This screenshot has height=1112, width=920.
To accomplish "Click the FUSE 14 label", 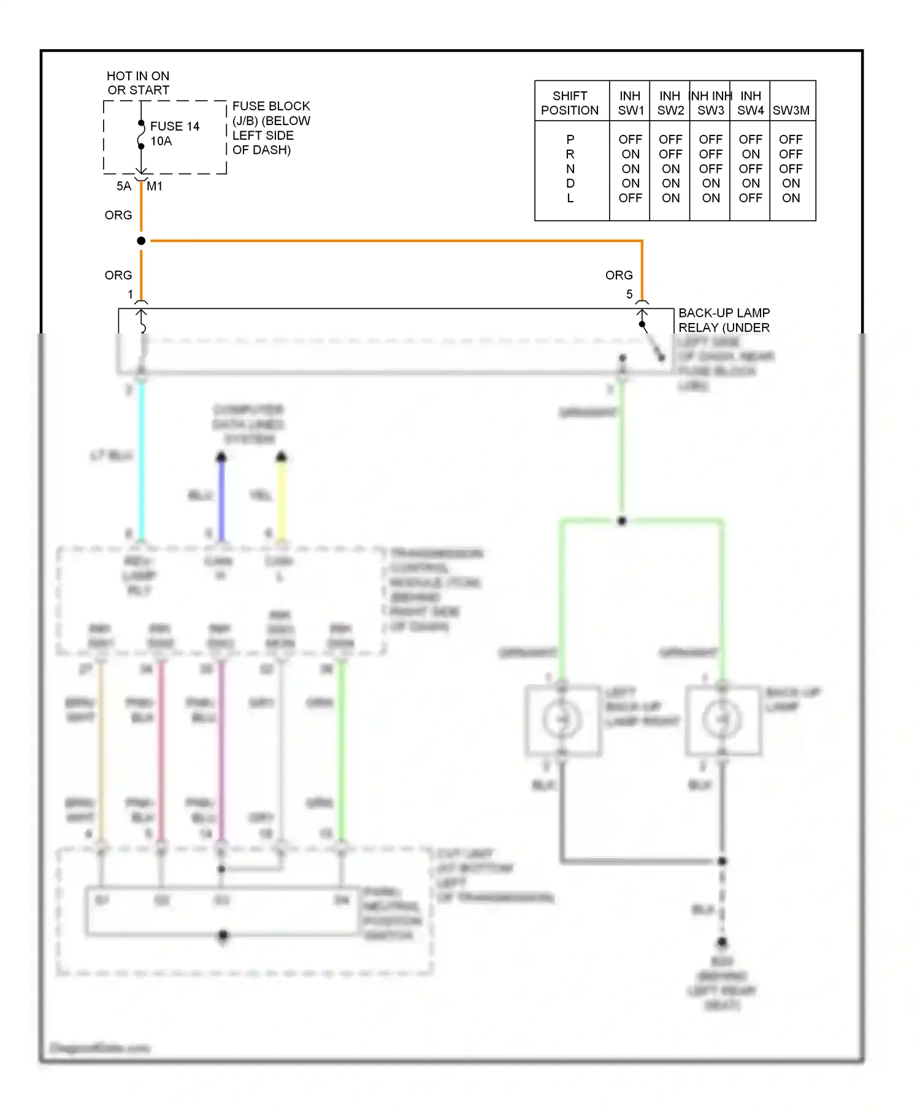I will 175,126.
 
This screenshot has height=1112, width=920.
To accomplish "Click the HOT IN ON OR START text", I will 138,83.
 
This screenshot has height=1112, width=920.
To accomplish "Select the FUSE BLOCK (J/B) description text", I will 271,128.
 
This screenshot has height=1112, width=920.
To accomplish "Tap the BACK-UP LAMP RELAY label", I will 724,320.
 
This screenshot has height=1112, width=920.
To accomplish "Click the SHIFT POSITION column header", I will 570,103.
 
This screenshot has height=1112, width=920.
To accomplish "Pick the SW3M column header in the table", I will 791,110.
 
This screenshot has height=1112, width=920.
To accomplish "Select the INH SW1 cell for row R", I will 631,154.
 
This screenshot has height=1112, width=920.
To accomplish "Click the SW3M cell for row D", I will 791,183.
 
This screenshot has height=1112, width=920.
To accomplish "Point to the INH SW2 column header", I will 670,103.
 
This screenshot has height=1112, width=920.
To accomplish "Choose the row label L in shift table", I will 570,198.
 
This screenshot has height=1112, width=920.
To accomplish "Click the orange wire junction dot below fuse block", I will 141,241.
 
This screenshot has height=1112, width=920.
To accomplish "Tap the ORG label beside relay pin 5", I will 619,275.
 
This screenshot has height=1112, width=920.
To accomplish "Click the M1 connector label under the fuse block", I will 155,186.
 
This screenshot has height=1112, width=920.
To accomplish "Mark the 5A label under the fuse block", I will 124,186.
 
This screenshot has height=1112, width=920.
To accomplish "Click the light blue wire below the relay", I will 142,460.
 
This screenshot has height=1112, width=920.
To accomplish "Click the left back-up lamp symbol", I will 562,720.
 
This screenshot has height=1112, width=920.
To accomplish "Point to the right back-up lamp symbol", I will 723,720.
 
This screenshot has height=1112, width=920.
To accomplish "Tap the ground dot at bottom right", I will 723,942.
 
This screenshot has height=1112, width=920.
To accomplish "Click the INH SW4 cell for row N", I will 750,169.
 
